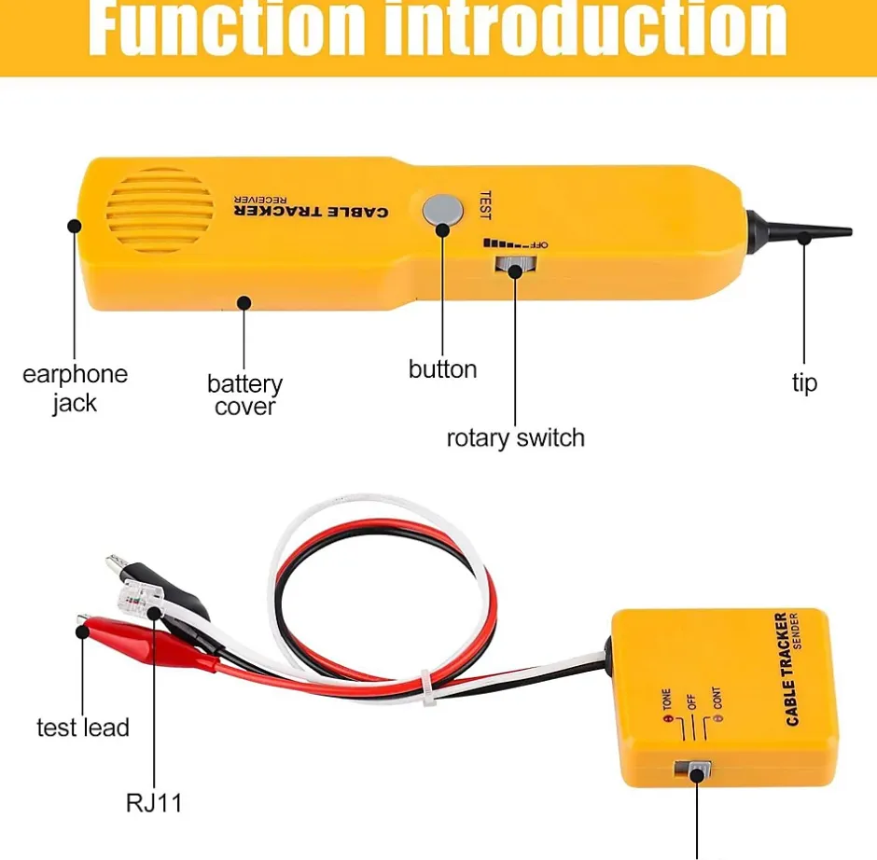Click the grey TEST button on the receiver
pyautogui.click(x=441, y=210)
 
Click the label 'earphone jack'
pyautogui.click(x=75, y=388)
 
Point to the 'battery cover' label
pyautogui.click(x=244, y=395)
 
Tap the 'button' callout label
pyautogui.click(x=442, y=369)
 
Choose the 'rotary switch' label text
pyautogui.click(x=515, y=437)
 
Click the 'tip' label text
pyautogui.click(x=804, y=382)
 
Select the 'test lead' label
pyautogui.click(x=82, y=728)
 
